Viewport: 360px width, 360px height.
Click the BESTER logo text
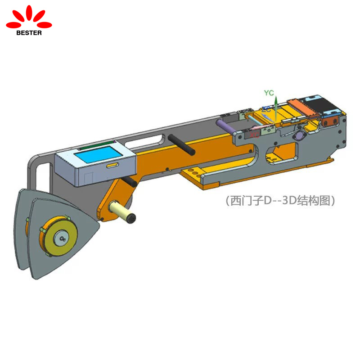pos(29,32)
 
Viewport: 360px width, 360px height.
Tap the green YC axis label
pos(269,93)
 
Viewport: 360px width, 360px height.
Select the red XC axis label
pos(255,134)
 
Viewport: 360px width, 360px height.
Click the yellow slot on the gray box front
pos(110,166)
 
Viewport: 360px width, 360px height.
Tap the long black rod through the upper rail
pos(182,144)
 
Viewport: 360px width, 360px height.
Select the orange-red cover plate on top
pos(302,105)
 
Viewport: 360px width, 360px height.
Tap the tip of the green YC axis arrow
pos(276,96)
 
